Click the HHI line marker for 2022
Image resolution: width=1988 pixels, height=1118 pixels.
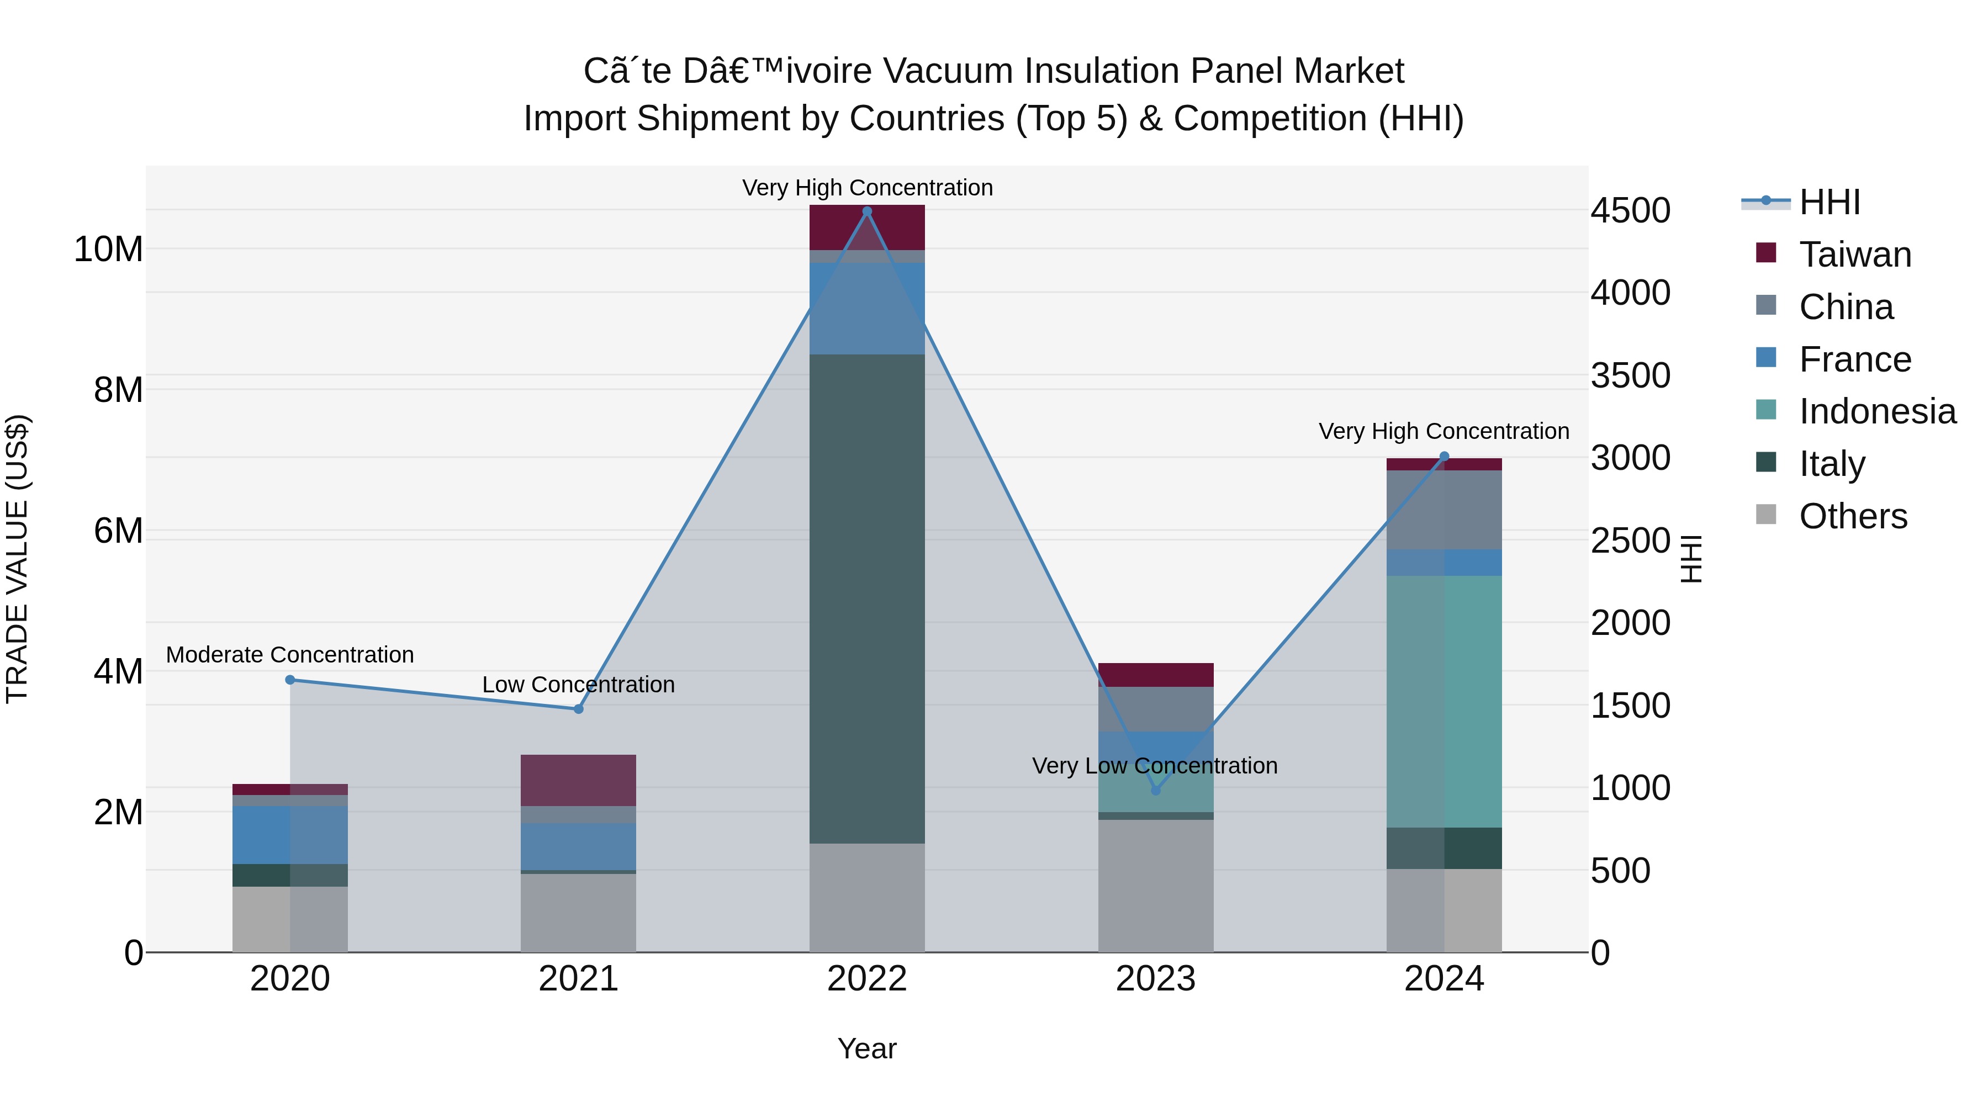coord(866,211)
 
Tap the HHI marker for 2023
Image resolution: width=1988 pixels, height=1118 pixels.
coord(1155,790)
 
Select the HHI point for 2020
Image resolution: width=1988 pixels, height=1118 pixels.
coord(290,680)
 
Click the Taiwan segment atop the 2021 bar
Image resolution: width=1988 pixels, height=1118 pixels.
coord(578,780)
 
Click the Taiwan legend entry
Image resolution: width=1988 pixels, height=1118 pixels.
coord(1854,255)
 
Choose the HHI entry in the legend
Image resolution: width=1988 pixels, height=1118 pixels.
coord(1829,202)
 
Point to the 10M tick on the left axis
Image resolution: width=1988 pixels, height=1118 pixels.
coord(108,249)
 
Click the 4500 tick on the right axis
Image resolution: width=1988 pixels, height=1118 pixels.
coord(1630,211)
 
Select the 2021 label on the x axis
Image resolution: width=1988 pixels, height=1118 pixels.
coord(578,979)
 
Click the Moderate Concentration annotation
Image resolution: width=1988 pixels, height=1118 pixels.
coord(290,654)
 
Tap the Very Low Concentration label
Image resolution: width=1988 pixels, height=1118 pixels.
coord(1155,765)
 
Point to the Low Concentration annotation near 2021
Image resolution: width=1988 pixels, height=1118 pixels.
coord(578,685)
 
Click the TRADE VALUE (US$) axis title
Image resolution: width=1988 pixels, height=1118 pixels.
coord(17,559)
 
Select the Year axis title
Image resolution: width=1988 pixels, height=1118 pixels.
coord(866,1048)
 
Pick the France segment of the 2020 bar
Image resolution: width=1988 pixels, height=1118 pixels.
coord(290,834)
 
